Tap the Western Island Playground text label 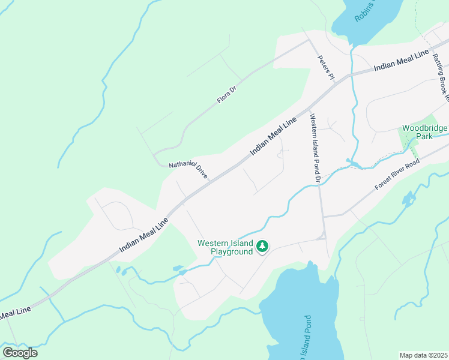pos(225,247)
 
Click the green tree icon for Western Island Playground pos(262,246)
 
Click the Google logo pos(20,353)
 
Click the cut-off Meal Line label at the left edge pos(14,313)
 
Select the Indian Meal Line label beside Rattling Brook pos(401,61)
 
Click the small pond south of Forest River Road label pos(409,199)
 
